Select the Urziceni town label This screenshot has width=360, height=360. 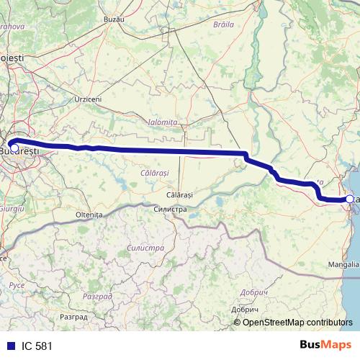click(88, 99)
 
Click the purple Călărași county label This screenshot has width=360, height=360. click(154, 174)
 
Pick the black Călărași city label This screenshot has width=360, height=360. click(179, 195)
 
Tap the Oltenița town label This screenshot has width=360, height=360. click(89, 215)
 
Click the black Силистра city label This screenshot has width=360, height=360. click(170, 209)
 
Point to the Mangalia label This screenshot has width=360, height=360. click(342, 264)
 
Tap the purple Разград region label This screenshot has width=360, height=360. click(98, 296)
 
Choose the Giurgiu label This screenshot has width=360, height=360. click(12, 207)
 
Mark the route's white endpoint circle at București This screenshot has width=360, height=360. click(14, 148)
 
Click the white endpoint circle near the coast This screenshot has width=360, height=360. click(350, 199)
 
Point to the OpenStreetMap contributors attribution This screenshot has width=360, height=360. click(297, 322)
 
